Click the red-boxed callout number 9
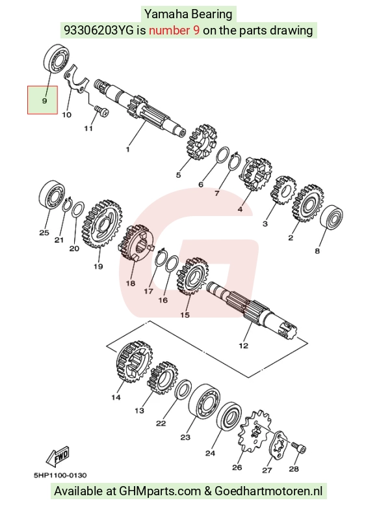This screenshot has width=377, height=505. (44, 101)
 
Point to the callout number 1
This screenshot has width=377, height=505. (127, 149)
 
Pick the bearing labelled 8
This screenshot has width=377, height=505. (331, 217)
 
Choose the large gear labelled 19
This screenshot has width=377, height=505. (102, 225)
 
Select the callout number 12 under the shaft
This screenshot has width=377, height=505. (244, 346)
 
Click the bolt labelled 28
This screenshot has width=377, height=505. (299, 447)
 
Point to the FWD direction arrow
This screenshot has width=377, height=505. (58, 456)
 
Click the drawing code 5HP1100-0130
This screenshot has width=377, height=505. (60, 475)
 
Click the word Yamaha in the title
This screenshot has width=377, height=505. (166, 14)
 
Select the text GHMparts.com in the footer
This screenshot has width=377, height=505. (160, 491)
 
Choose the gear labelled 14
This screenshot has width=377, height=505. (134, 361)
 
